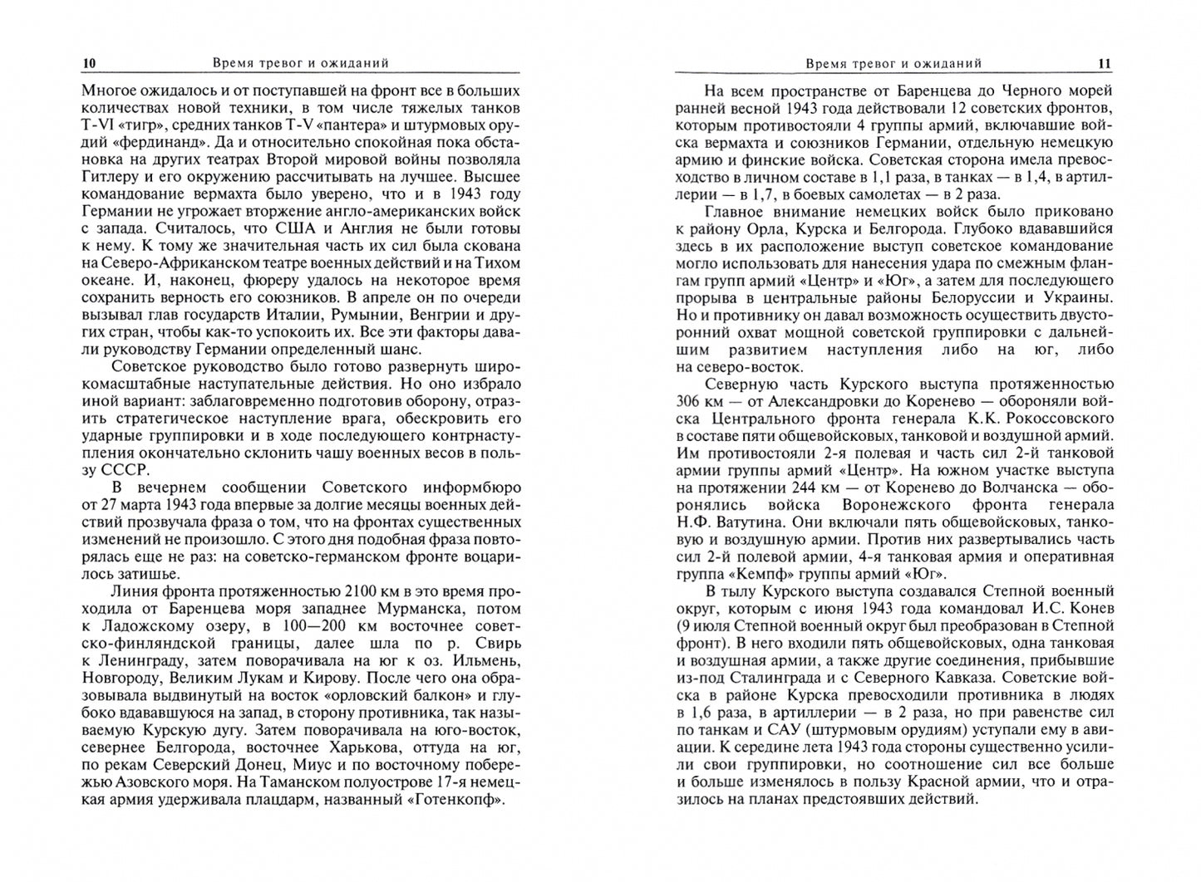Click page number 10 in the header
[x=90, y=63]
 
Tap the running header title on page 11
[x=893, y=63]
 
